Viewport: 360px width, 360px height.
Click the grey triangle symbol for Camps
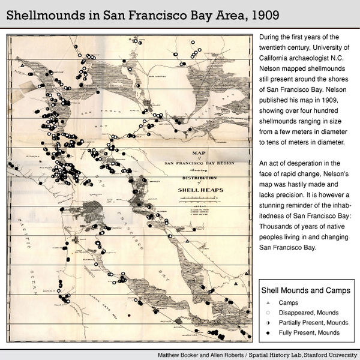click(267, 303)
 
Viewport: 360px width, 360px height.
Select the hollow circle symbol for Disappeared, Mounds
click(267, 313)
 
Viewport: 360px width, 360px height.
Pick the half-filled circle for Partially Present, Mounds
click(267, 323)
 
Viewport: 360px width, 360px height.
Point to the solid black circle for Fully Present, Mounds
click(267, 332)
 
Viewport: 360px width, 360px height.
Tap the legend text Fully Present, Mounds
click(308, 332)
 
